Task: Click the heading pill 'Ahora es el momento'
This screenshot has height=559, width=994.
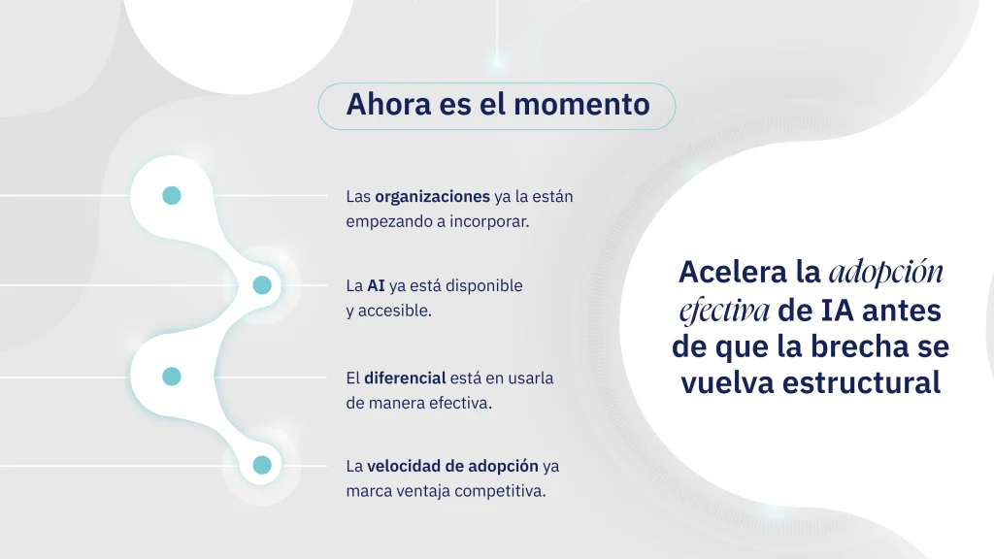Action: click(x=497, y=107)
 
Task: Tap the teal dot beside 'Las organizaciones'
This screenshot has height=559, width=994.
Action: click(x=172, y=195)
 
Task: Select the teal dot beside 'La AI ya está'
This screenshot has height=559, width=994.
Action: click(x=262, y=285)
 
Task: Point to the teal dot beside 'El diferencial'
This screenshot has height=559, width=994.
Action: click(x=172, y=377)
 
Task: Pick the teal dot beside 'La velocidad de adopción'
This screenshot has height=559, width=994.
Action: click(x=262, y=465)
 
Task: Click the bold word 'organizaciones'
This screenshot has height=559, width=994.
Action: click(x=432, y=197)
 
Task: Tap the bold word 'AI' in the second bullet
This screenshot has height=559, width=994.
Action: click(x=376, y=286)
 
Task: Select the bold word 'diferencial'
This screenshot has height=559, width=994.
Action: click(x=405, y=378)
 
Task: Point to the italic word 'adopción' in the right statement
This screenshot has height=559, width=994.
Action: click(x=886, y=273)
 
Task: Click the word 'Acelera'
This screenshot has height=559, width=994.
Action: click(x=733, y=273)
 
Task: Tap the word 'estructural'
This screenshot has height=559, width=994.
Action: click(x=863, y=382)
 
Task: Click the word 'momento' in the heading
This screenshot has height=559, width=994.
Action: click(x=582, y=105)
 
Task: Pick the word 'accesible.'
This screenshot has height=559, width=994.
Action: click(x=395, y=311)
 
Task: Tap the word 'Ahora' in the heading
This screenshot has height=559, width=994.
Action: click(x=388, y=105)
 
